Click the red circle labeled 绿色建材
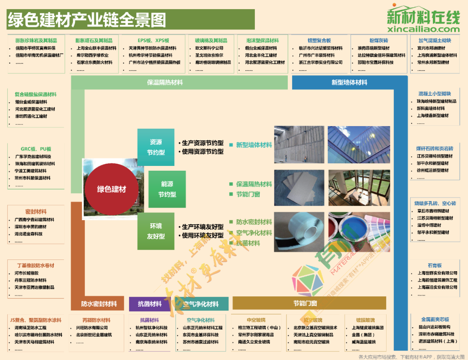[x=111, y=189]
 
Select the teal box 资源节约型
[x=156, y=147]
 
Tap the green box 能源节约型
[x=167, y=189]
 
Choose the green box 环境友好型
[x=156, y=231]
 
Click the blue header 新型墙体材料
[x=349, y=82]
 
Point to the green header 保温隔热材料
[x=165, y=82]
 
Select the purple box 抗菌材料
[x=150, y=304]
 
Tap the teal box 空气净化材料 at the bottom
[x=201, y=304]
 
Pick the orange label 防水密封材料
[x=99, y=304]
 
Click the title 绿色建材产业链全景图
[x=87, y=19]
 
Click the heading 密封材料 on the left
[x=36, y=212]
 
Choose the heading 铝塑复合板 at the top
[x=319, y=41]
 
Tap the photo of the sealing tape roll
[x=299, y=232]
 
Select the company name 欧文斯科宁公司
[x=209, y=48]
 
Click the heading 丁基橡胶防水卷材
[x=36, y=266]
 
